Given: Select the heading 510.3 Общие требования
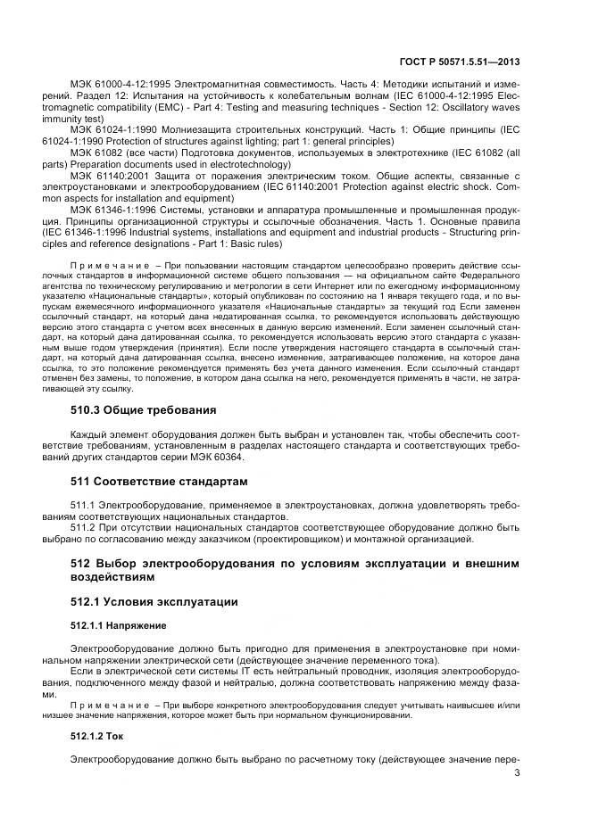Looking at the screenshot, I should pyautogui.click(x=143, y=410).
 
